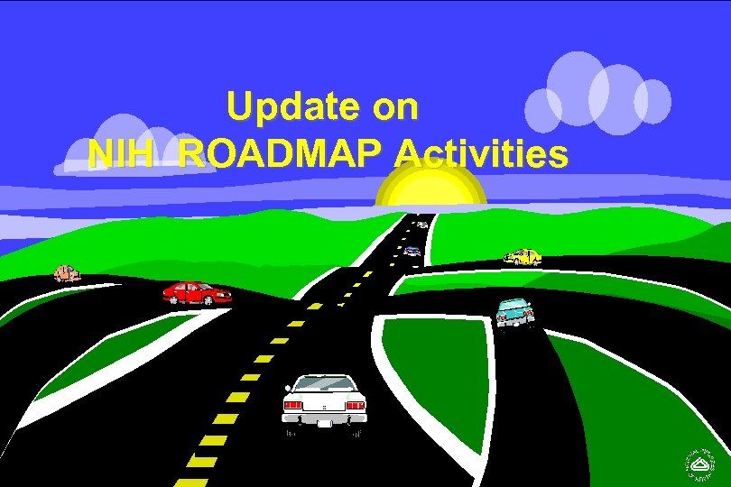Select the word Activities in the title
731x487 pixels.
[482, 154]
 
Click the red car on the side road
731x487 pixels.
[195, 292]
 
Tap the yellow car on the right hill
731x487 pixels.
[523, 257]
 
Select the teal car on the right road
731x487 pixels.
[514, 311]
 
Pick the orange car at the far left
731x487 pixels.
[66, 272]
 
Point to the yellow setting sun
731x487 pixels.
[431, 187]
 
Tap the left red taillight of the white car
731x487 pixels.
[292, 406]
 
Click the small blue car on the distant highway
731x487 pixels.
[412, 251]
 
